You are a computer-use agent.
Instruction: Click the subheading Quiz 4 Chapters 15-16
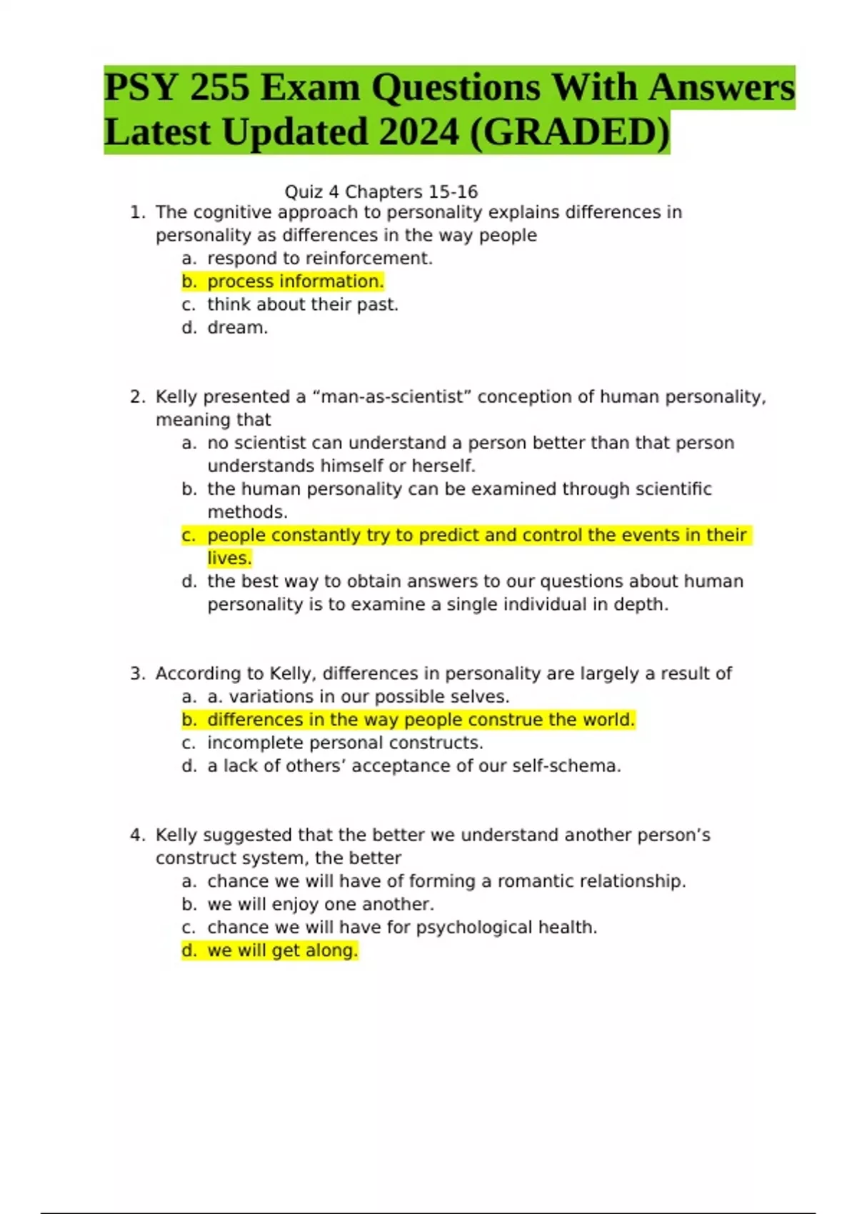coord(381,192)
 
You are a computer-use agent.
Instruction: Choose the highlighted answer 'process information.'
coord(296,281)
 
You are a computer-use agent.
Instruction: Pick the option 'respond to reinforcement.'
coord(320,259)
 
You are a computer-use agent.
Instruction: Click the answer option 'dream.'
coord(238,328)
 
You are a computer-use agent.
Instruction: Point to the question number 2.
coord(137,397)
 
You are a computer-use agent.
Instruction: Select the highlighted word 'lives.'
coord(229,558)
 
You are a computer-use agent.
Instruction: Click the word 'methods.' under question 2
coord(247,512)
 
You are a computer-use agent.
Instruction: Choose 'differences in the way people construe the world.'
coord(421,720)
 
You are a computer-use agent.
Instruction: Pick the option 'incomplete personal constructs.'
coord(345,743)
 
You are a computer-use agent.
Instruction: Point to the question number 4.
coord(137,836)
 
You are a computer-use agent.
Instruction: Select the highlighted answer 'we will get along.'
coord(282,950)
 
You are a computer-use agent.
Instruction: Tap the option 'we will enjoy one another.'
coord(321,904)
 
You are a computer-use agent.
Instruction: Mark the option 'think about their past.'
coord(303,305)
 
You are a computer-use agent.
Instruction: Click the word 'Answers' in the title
coord(721,89)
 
